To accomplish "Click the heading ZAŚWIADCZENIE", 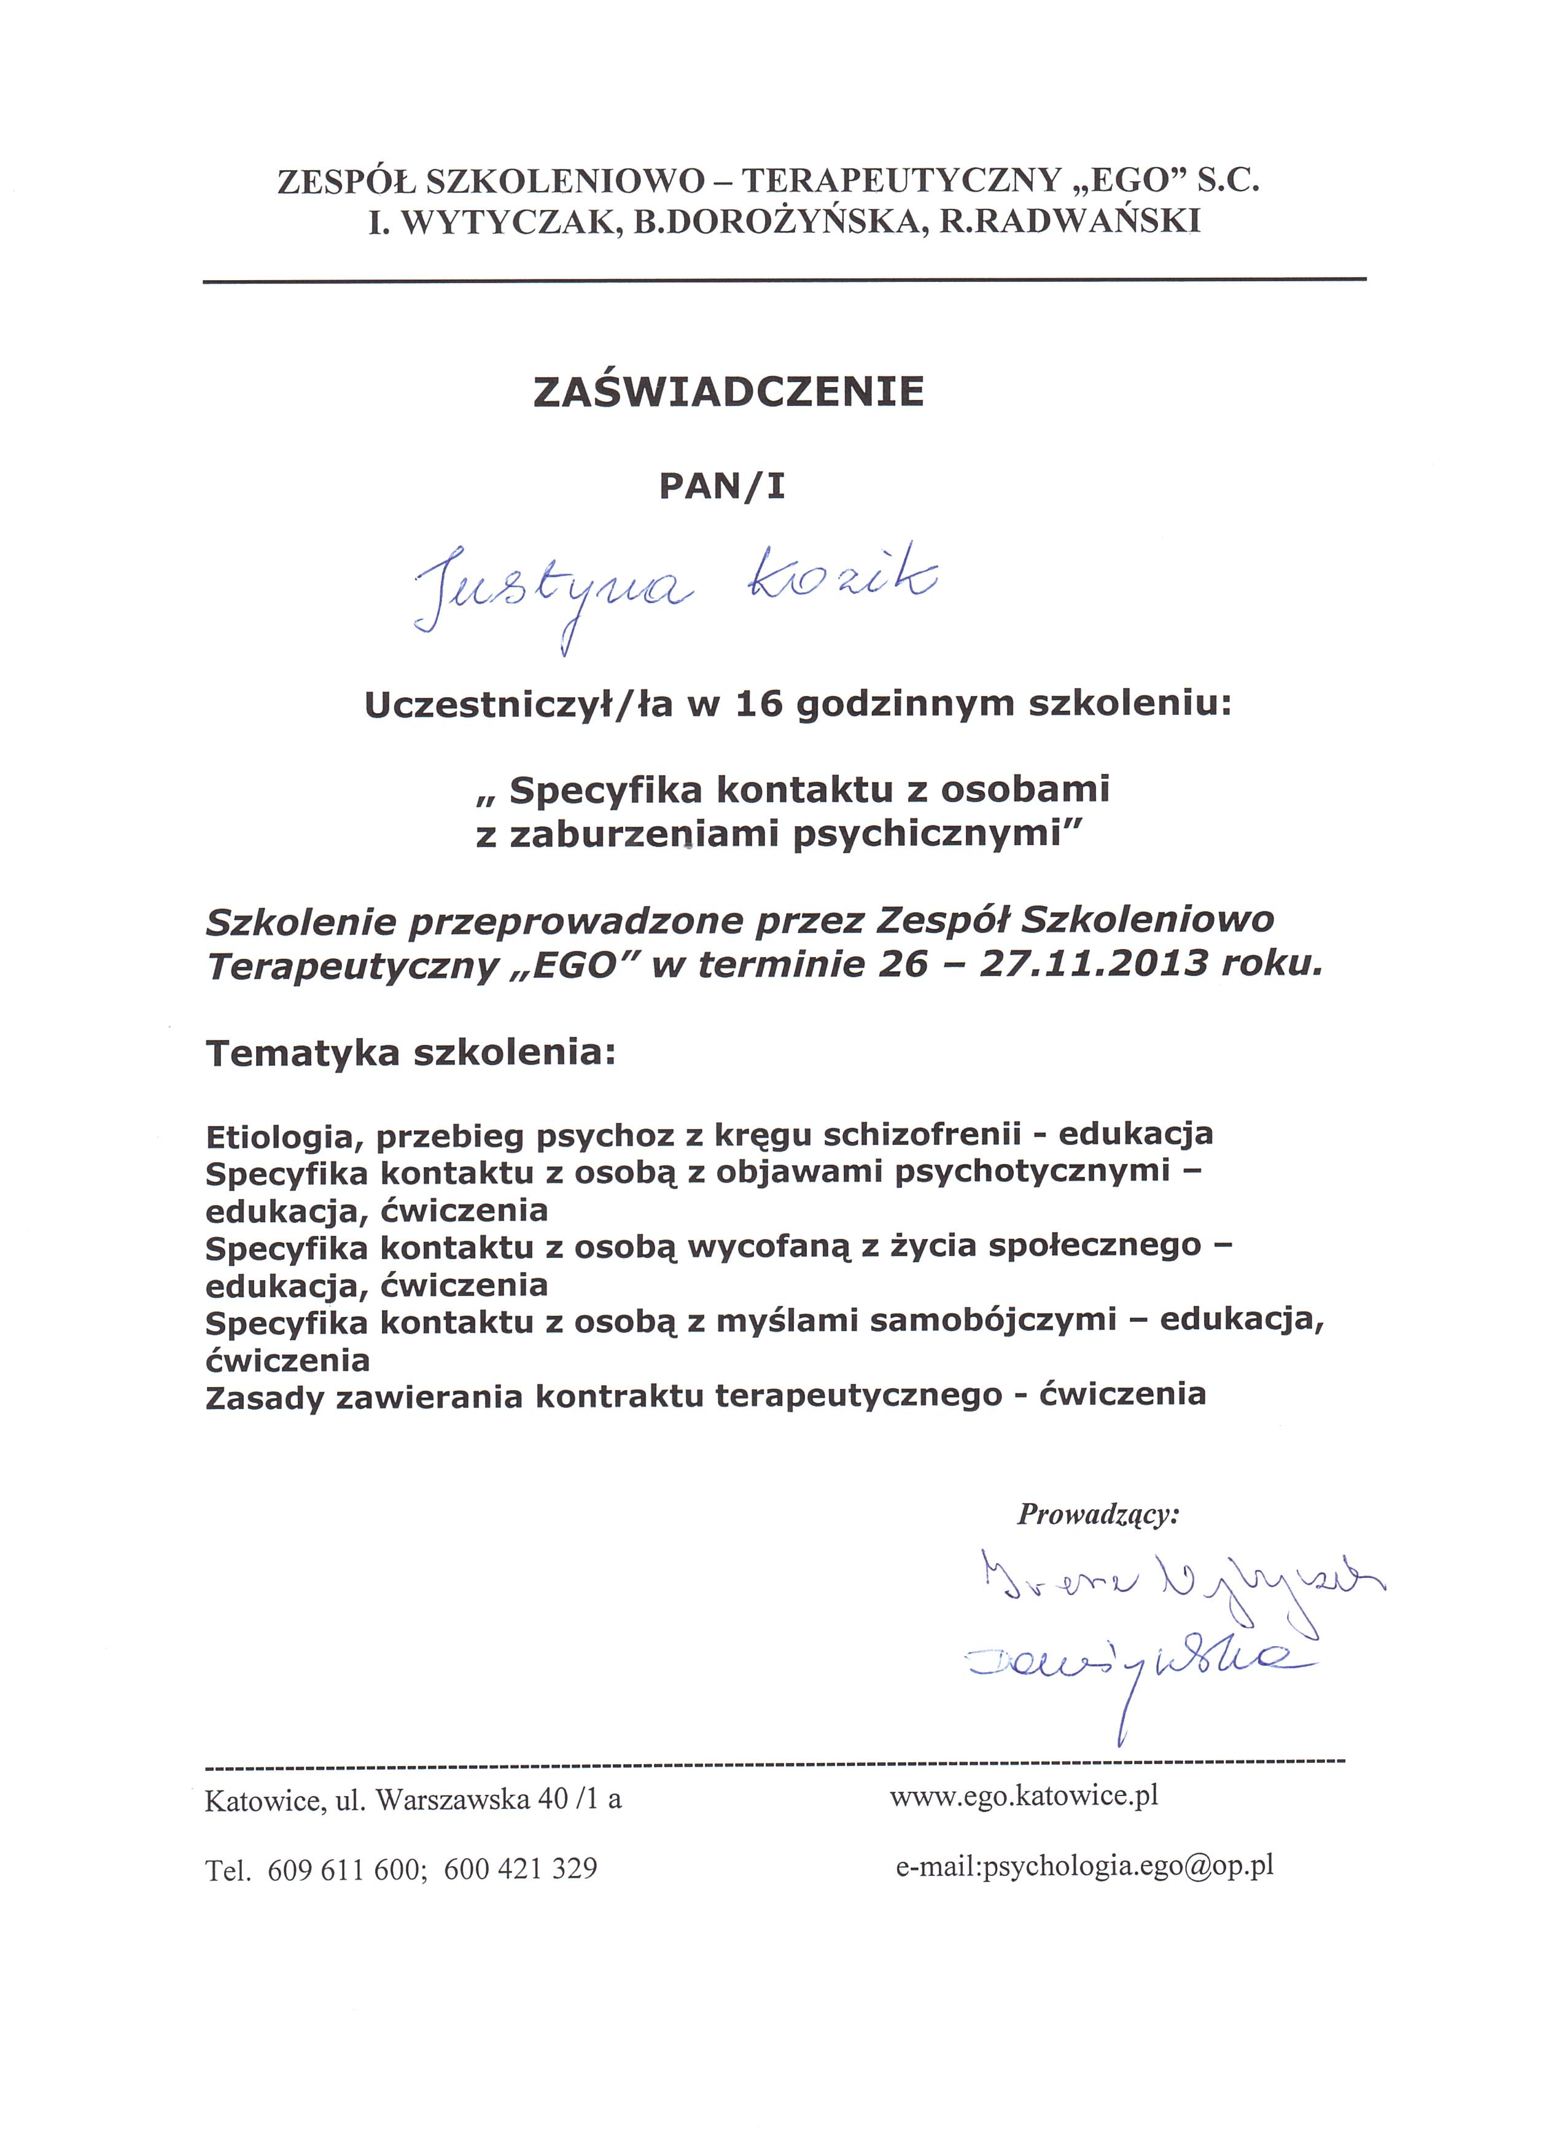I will (x=729, y=393).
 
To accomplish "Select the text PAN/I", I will (x=722, y=486).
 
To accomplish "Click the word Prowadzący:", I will (x=1097, y=1514).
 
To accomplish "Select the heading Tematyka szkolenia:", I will (x=411, y=1053).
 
